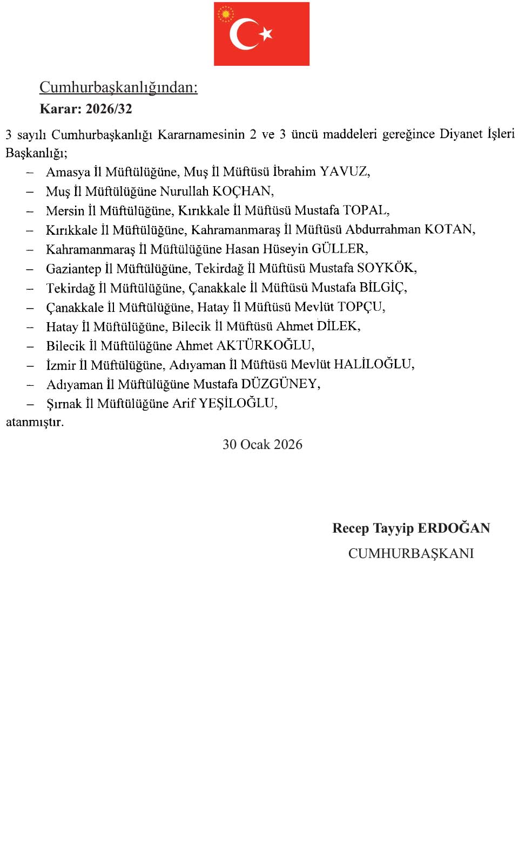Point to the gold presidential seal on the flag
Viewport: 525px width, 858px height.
tap(226, 14)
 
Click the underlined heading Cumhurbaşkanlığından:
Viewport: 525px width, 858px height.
tap(118, 87)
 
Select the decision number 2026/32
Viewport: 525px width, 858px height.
tap(109, 108)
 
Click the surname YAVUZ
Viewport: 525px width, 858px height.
tap(344, 172)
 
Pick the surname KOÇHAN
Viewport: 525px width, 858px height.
tap(242, 191)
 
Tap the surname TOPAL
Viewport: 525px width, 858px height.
tap(365, 210)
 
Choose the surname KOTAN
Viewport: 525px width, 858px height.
tap(448, 229)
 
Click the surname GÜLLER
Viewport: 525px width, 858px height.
tap(339, 249)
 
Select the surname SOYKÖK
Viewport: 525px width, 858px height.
tap(386, 268)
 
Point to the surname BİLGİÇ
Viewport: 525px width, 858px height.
tap(382, 287)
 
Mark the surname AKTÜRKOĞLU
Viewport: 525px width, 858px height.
tap(264, 345)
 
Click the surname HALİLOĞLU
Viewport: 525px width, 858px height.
tap(373, 364)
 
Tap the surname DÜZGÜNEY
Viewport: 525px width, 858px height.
tap(279, 384)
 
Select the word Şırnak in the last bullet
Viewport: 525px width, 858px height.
tap(64, 404)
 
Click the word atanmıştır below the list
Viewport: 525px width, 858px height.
tap(35, 422)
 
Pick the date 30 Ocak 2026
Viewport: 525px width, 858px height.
tap(262, 445)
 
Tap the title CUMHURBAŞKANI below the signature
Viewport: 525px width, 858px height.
tap(411, 554)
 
